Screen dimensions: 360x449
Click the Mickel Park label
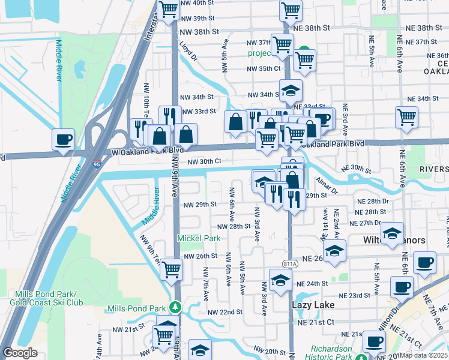(x=199, y=238)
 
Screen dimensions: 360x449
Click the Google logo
(x=20, y=353)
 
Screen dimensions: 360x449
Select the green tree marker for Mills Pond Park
(x=175, y=307)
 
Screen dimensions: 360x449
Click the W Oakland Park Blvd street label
(x=146, y=152)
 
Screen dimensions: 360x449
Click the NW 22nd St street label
(x=225, y=312)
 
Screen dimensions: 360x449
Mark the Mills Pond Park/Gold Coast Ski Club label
(x=42, y=298)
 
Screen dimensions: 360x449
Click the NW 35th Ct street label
(x=264, y=68)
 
